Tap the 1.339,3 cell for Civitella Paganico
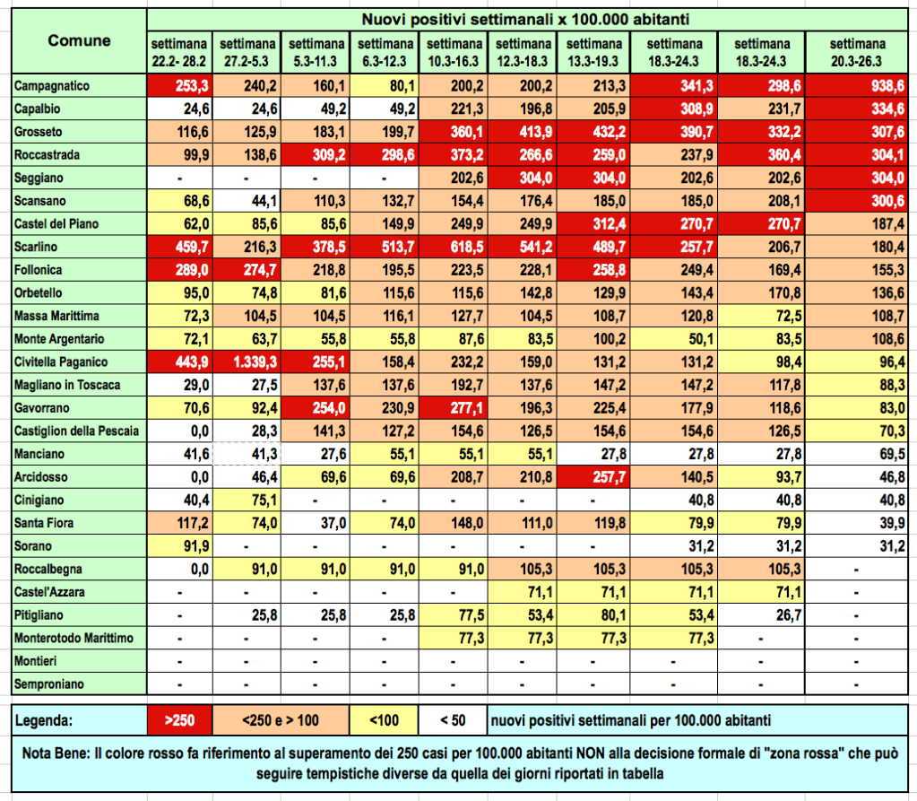point(247,361)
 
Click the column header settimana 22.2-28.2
point(179,51)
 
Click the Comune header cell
point(79,40)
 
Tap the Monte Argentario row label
point(59,338)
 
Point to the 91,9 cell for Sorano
point(179,545)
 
